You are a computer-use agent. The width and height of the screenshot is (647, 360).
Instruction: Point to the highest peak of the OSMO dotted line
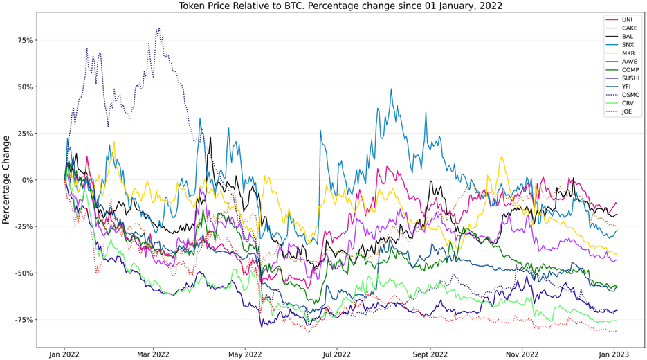(158, 28)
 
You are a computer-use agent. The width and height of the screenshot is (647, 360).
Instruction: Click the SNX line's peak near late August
(391, 89)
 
